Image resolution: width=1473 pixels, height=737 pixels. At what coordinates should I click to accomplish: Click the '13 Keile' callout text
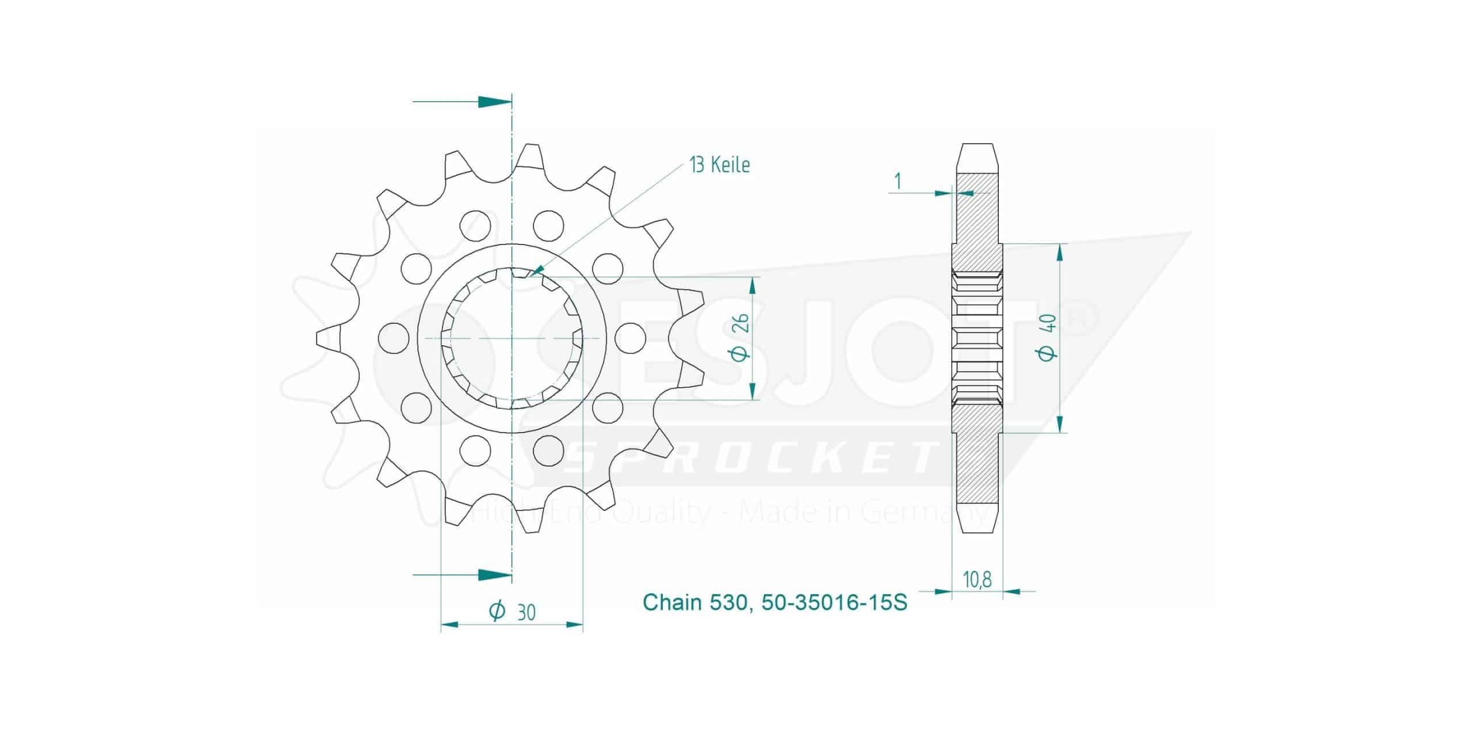pyautogui.click(x=720, y=165)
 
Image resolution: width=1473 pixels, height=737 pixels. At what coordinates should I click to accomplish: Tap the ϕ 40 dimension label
pyautogui.click(x=1049, y=338)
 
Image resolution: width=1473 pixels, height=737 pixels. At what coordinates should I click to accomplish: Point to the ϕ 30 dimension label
pyautogui.click(x=512, y=612)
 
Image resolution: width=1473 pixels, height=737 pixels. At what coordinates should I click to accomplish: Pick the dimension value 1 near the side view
pyautogui.click(x=897, y=182)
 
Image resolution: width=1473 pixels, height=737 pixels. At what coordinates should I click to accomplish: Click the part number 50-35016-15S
pyautogui.click(x=834, y=602)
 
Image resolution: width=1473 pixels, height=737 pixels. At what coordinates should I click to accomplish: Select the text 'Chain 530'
pyautogui.click(x=694, y=602)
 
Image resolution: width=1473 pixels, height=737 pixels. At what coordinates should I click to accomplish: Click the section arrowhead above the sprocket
pyautogui.click(x=494, y=102)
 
